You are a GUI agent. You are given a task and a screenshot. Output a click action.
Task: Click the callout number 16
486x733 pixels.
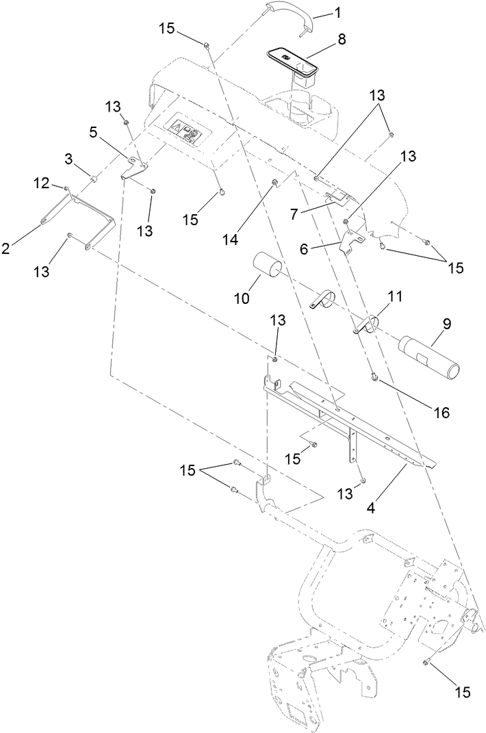442,413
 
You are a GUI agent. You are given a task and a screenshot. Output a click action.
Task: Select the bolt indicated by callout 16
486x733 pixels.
375,376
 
